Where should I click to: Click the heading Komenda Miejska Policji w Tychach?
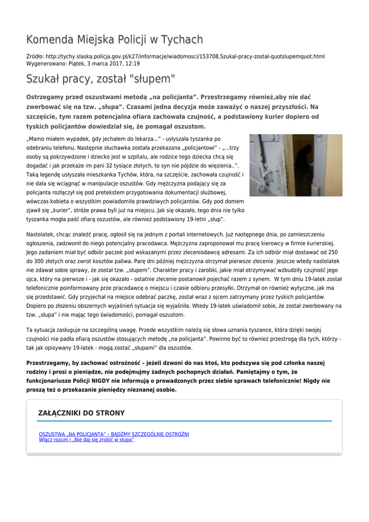[115, 40]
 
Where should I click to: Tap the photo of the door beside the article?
[296, 165]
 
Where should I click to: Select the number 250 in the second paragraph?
[332, 252]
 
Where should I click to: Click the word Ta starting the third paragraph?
[30, 330]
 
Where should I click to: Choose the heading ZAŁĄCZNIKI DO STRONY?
[81, 413]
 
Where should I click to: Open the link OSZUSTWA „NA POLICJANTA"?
[114, 434]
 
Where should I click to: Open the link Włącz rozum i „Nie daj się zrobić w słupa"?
[87, 439]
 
